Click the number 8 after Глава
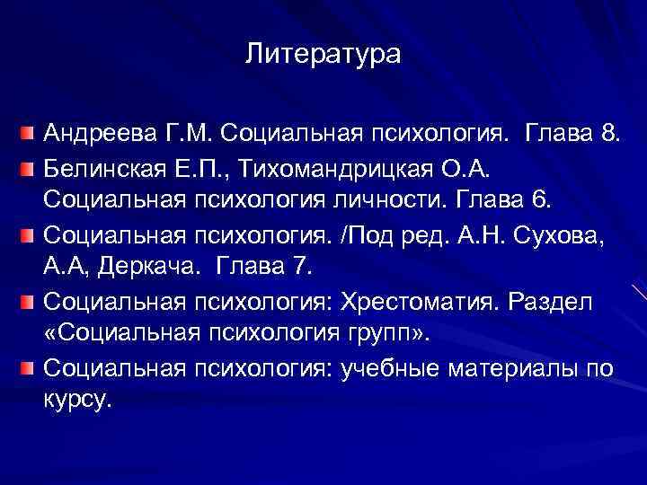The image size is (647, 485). [608, 135]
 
